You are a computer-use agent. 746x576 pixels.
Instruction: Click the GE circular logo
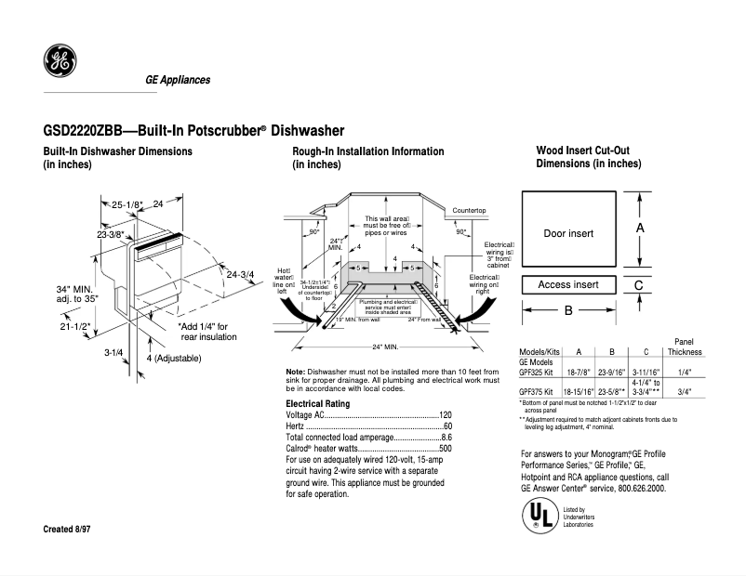[60, 61]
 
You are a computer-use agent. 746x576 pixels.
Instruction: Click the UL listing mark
[535, 516]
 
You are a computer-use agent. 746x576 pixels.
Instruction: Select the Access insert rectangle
[568, 284]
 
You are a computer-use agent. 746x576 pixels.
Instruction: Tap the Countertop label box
[469, 211]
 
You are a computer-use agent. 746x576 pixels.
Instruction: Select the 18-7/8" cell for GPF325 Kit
[579, 372]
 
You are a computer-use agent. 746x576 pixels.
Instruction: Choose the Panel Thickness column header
[685, 347]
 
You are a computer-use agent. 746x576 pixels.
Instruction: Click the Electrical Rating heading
[318, 404]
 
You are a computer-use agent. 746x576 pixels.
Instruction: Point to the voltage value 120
[445, 415]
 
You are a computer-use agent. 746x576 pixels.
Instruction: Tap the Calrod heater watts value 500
[445, 449]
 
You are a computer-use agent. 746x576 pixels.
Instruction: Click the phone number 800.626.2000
[634, 488]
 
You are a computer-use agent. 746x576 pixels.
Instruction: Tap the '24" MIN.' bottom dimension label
[385, 347]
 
